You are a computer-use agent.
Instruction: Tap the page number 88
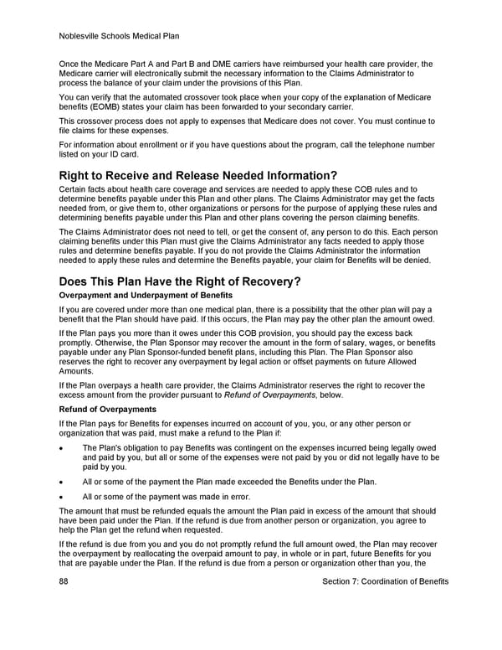pos(64,581)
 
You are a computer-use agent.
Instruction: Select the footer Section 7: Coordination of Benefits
pos(385,581)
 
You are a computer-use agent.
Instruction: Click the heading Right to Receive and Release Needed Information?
pos(197,175)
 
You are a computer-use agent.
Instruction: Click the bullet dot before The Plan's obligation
pos(62,448)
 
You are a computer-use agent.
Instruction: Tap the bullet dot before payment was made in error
pos(62,497)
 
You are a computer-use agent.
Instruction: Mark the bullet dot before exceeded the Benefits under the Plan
pos(62,482)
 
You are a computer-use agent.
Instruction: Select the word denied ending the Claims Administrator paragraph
pos(416,260)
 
